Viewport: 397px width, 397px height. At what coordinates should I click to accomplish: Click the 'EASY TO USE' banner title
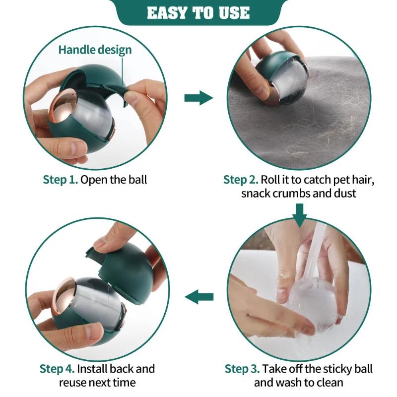coord(198,13)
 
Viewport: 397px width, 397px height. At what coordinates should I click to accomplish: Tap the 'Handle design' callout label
coord(95,50)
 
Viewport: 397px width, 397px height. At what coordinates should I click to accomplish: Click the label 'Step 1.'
coord(60,180)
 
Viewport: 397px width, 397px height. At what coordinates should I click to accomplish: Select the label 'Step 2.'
coord(241,180)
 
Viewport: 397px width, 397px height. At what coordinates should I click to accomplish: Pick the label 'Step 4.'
coord(57,369)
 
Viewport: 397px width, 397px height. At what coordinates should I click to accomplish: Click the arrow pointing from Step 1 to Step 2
coord(199,98)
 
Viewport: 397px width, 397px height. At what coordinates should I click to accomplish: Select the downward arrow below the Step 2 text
coord(300,215)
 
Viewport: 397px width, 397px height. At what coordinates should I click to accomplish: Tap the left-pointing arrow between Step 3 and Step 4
coord(199,297)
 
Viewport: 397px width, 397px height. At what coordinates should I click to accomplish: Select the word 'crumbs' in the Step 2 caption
coord(288,194)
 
